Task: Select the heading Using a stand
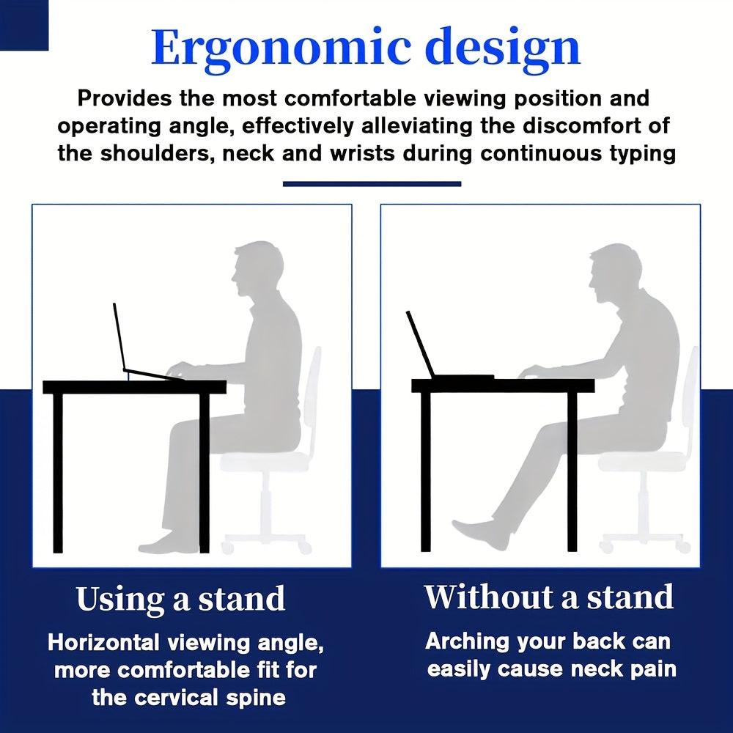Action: pos(180,600)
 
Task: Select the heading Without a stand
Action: pos(548,597)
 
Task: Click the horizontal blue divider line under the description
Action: pos(372,184)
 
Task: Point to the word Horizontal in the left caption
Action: pos(102,644)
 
